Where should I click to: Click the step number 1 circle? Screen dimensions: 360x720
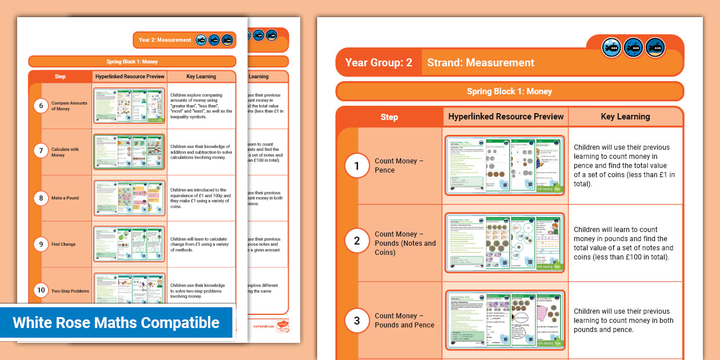click(357, 166)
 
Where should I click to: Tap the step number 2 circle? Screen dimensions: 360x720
click(357, 241)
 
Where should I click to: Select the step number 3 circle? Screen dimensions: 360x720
click(357, 321)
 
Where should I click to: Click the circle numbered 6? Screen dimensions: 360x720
click(41, 105)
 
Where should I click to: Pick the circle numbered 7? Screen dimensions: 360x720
click(41, 151)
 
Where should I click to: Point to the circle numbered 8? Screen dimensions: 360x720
click(41, 198)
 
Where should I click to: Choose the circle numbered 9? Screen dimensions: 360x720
click(41, 245)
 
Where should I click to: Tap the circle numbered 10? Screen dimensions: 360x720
click(41, 290)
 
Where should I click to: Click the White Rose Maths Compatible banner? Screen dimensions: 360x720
click(117, 323)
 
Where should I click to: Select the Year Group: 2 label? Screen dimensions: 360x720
click(378, 63)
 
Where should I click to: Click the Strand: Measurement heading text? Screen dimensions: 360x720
click(481, 63)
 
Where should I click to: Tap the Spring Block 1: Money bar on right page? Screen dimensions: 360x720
click(509, 91)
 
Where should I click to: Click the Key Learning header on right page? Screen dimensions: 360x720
click(625, 117)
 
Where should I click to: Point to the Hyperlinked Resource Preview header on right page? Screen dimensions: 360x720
click(506, 117)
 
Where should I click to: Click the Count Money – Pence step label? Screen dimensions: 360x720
click(399, 166)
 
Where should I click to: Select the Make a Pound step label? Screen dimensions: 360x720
click(65, 198)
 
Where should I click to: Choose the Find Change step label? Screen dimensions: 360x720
click(63, 245)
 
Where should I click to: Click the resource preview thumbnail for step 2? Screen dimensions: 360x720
click(505, 242)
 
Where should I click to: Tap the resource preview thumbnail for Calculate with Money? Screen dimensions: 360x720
click(129, 152)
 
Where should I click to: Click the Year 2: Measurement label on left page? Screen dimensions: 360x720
click(165, 40)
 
